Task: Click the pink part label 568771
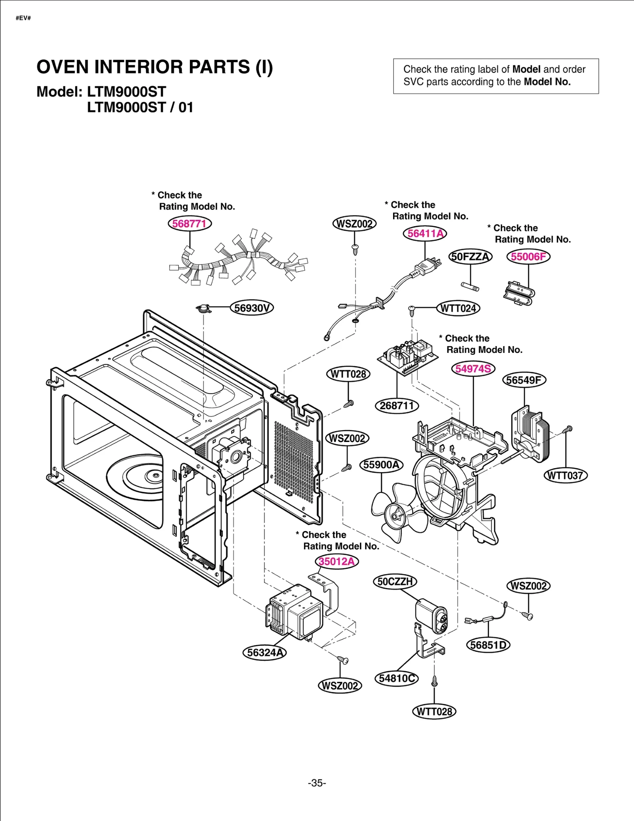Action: pyautogui.click(x=189, y=223)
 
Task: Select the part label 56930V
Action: pyautogui.click(x=252, y=308)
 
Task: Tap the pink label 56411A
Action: pyautogui.click(x=425, y=233)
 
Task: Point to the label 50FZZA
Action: pyautogui.click(x=470, y=257)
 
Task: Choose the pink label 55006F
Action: pyautogui.click(x=528, y=257)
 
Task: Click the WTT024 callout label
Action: pyautogui.click(x=458, y=308)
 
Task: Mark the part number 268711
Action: pyautogui.click(x=397, y=406)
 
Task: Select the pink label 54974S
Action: pyautogui.click(x=473, y=369)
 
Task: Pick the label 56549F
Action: pyautogui.click(x=524, y=380)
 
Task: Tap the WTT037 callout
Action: pyautogui.click(x=565, y=475)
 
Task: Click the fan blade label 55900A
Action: pyautogui.click(x=381, y=465)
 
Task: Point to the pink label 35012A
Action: pyautogui.click(x=337, y=561)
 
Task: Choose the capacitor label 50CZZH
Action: pyautogui.click(x=395, y=581)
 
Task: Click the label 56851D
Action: pyautogui.click(x=488, y=645)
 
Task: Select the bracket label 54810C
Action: pyautogui.click(x=397, y=678)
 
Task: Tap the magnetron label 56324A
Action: pyautogui.click(x=264, y=652)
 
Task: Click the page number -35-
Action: pyautogui.click(x=317, y=783)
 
